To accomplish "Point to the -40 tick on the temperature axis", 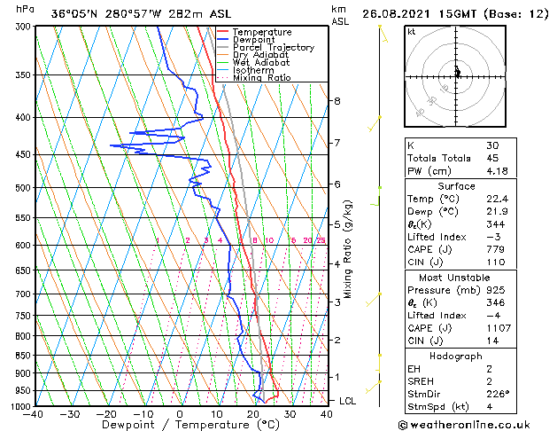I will tap(34, 414).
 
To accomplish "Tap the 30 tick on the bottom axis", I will tap(290, 414).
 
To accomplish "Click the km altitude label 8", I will tap(337, 101).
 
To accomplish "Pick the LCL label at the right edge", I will tap(348, 401).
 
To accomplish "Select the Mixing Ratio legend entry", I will tap(261, 78).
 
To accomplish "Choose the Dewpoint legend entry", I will tap(254, 40).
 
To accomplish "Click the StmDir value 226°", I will tap(498, 392).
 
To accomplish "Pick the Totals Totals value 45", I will tap(492, 158).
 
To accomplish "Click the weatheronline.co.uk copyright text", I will tap(476, 424).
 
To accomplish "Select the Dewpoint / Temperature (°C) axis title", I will tap(180, 425).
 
